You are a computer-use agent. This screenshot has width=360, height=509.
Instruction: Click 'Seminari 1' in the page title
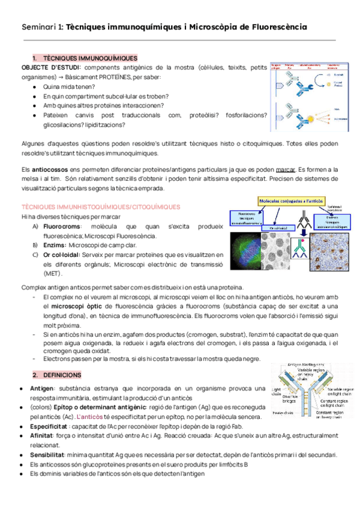[40, 28]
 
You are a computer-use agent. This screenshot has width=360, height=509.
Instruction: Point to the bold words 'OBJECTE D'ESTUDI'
[47, 68]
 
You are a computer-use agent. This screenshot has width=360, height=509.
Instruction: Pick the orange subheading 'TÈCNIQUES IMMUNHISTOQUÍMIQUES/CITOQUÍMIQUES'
[100, 207]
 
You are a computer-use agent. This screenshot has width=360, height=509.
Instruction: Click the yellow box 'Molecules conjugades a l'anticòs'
[291, 200]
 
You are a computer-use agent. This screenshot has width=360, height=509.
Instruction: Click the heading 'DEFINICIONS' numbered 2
[62, 375]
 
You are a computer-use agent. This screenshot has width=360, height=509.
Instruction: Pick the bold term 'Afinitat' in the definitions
[41, 435]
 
